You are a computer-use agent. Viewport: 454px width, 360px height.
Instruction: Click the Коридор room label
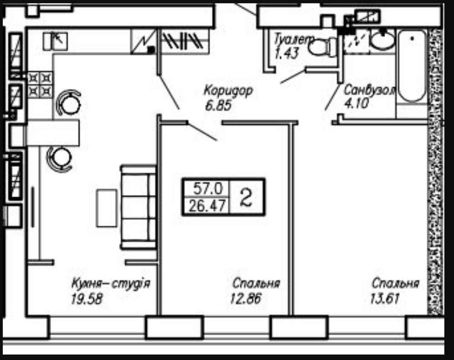228,91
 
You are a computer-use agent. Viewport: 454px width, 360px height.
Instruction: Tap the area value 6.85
219,105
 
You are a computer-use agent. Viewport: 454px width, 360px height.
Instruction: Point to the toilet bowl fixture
322,47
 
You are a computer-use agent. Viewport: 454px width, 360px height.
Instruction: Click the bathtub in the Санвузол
413,66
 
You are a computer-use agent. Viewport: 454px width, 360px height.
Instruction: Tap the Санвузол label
369,90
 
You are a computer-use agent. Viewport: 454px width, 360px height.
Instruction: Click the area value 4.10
356,103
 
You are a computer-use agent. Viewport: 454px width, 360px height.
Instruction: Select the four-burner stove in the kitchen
40,85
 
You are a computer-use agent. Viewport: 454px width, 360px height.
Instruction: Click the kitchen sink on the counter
55,41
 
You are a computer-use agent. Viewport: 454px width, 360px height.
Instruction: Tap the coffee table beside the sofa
107,208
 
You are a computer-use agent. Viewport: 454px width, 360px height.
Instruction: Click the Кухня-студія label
111,283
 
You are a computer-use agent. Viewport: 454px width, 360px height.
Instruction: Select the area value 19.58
87,299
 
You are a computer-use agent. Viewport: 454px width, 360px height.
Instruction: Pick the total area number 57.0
208,189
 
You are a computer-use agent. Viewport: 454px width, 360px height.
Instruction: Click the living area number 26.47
207,206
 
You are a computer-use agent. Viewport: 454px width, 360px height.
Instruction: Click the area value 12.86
246,298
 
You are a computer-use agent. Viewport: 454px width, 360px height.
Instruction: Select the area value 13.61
385,298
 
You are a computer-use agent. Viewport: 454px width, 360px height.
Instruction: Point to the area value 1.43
287,53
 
